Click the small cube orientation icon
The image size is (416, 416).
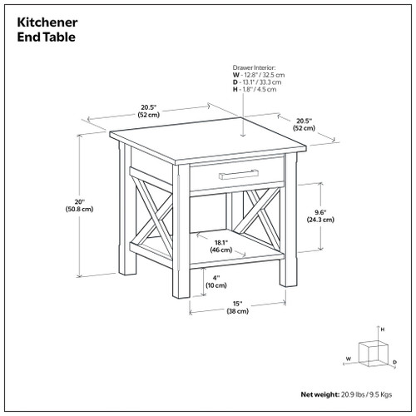click(x=370, y=353)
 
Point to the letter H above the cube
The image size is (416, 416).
click(x=382, y=330)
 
